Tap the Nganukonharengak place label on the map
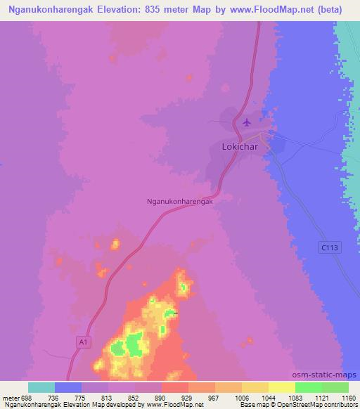[179, 200]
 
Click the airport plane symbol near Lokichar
[246, 123]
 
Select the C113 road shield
[328, 247]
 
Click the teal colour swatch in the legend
[41, 387]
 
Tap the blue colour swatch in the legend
[68, 387]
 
